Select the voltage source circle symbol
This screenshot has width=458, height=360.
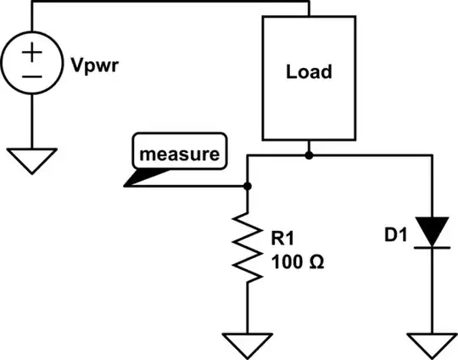click(31, 65)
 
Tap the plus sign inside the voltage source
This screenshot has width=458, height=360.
click(31, 52)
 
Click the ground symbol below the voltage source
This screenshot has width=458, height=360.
click(31, 160)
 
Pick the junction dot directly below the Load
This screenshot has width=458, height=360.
click(309, 155)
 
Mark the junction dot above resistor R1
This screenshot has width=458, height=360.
click(247, 186)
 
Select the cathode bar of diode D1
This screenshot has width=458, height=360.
click(434, 246)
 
